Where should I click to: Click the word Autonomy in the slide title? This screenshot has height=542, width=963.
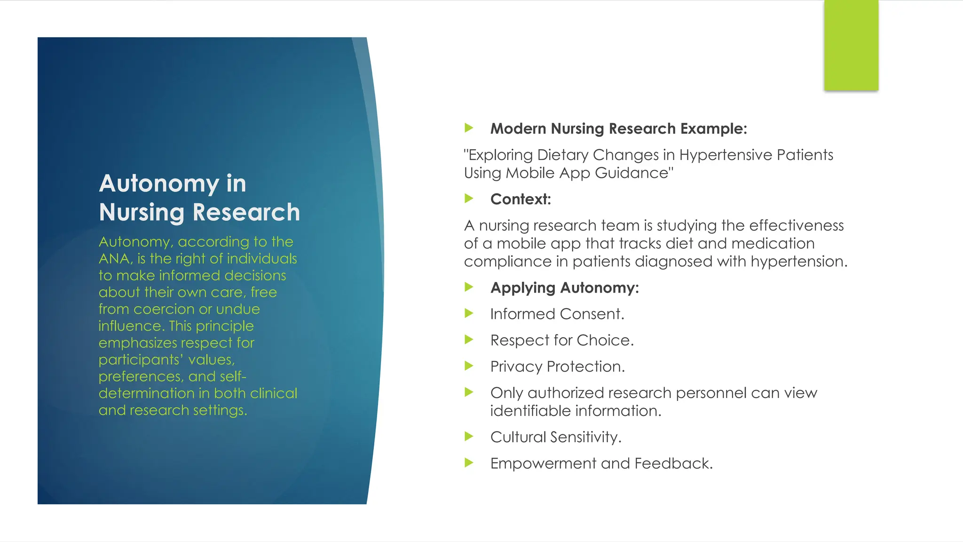[x=159, y=183]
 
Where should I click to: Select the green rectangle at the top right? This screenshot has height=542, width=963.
[x=851, y=45]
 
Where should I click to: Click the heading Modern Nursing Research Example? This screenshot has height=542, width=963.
[x=618, y=128]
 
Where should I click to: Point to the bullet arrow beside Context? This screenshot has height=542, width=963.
[x=469, y=198]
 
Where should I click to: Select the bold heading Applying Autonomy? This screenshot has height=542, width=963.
[x=564, y=287]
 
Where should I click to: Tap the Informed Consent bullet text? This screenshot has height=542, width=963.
[x=557, y=314]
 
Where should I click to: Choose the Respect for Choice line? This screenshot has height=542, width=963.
[x=562, y=340]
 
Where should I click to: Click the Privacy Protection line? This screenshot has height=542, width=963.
[x=557, y=367]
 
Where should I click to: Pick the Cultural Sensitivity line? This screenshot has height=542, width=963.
[x=555, y=437]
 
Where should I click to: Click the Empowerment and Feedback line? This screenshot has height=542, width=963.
[x=601, y=463]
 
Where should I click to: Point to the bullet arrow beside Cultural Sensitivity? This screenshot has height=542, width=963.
[x=469, y=436]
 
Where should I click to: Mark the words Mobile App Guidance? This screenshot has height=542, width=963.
[x=589, y=173]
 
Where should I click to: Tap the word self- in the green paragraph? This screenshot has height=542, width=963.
[x=232, y=376]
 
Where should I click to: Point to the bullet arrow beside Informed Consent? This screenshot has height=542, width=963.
[x=469, y=313]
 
